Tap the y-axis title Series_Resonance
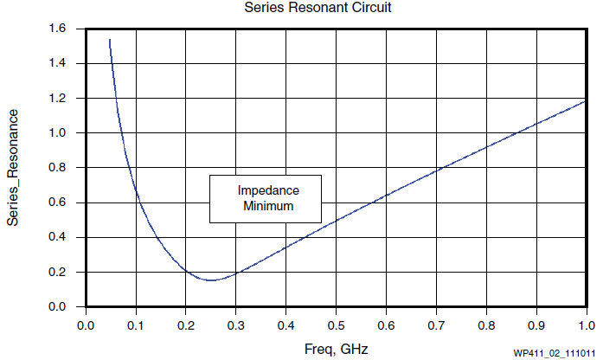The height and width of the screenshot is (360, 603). click(x=13, y=167)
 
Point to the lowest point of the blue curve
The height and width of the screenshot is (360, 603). click(x=211, y=280)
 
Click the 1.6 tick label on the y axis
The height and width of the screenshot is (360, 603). click(x=58, y=29)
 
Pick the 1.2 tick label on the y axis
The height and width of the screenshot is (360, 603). click(x=58, y=98)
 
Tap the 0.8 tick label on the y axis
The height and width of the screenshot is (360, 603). click(x=58, y=168)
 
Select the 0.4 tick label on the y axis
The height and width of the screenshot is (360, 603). click(x=58, y=237)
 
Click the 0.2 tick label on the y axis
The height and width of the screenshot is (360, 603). click(x=58, y=272)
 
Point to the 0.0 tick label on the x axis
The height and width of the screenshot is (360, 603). click(x=85, y=325)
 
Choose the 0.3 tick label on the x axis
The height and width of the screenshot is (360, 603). click(x=235, y=325)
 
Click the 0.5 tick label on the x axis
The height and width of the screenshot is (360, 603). click(x=336, y=325)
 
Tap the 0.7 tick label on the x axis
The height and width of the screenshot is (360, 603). click(x=436, y=325)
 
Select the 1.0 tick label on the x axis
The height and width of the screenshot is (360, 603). click(x=587, y=325)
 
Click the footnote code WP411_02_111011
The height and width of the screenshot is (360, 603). click(x=554, y=353)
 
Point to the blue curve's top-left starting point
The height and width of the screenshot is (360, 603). click(x=109, y=40)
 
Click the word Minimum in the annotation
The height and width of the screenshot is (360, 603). click(x=267, y=207)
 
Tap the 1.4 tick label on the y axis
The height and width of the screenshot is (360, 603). click(x=58, y=63)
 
